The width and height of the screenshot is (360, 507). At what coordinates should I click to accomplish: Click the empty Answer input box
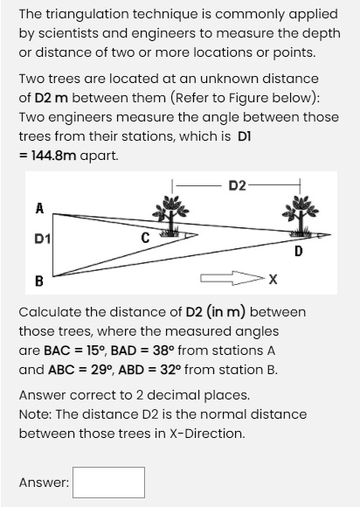(109, 482)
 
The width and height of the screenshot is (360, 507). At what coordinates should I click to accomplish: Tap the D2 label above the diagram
(237, 184)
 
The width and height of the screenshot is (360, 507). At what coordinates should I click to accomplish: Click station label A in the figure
(38, 207)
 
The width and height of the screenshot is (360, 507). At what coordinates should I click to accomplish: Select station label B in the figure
(38, 280)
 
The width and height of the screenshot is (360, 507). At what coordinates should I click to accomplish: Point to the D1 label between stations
(40, 239)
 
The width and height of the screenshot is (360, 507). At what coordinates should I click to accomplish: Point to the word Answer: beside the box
(45, 482)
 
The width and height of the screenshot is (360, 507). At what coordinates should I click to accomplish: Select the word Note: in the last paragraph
(36, 413)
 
